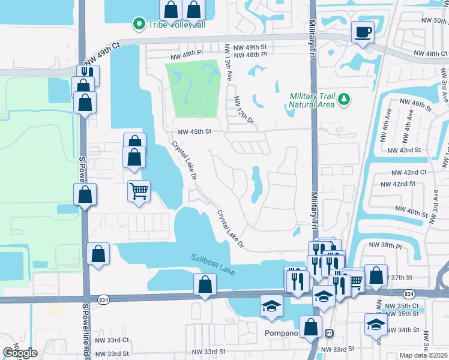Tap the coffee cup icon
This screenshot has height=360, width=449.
tap(363, 31)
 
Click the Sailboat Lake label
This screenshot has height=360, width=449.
tap(212, 263)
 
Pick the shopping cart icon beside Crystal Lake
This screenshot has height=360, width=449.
tap(139, 191)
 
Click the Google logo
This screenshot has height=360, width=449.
tap(20, 352)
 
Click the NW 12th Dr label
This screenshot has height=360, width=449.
tap(244, 111)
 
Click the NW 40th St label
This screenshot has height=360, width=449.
tap(414, 210)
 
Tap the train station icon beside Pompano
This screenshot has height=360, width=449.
tap(328, 333)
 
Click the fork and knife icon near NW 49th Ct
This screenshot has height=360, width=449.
tap(85, 73)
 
